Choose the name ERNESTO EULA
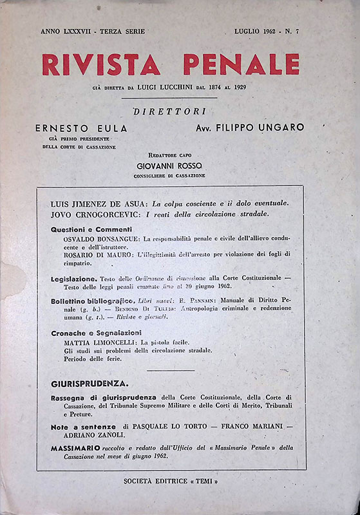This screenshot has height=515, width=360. point(81,127)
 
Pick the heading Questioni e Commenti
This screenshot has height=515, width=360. point(91,229)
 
